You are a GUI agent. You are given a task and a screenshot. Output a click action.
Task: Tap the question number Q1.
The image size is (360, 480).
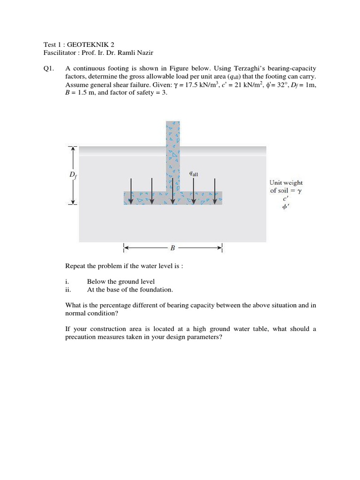click(x=47, y=68)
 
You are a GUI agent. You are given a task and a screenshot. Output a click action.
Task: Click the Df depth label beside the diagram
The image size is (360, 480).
click(x=73, y=175)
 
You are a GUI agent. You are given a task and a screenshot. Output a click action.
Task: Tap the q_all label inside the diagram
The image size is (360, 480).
click(x=194, y=173)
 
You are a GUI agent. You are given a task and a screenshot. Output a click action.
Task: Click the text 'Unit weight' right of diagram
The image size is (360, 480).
click(x=286, y=183)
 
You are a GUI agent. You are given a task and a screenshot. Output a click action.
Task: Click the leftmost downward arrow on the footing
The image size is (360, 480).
click(x=132, y=190)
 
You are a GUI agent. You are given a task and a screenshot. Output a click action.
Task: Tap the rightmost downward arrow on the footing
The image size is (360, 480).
click(x=215, y=190)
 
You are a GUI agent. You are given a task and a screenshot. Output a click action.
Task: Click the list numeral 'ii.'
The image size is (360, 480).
click(x=68, y=290)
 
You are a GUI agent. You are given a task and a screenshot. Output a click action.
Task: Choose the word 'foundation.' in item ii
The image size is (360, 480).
click(x=157, y=290)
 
